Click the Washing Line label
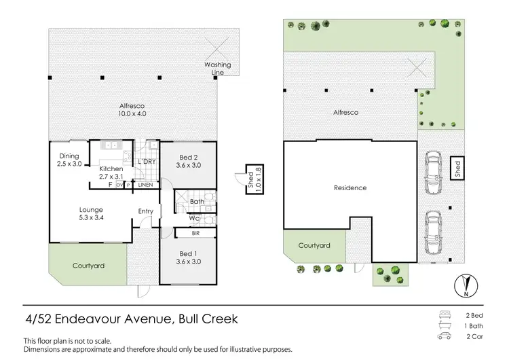point(218,68)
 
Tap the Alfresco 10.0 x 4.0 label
point(132,110)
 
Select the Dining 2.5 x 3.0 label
point(71,160)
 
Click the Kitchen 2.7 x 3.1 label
point(111,173)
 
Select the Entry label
point(146,211)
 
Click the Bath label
point(197,202)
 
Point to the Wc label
point(194,219)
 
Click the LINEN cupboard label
point(145,185)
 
